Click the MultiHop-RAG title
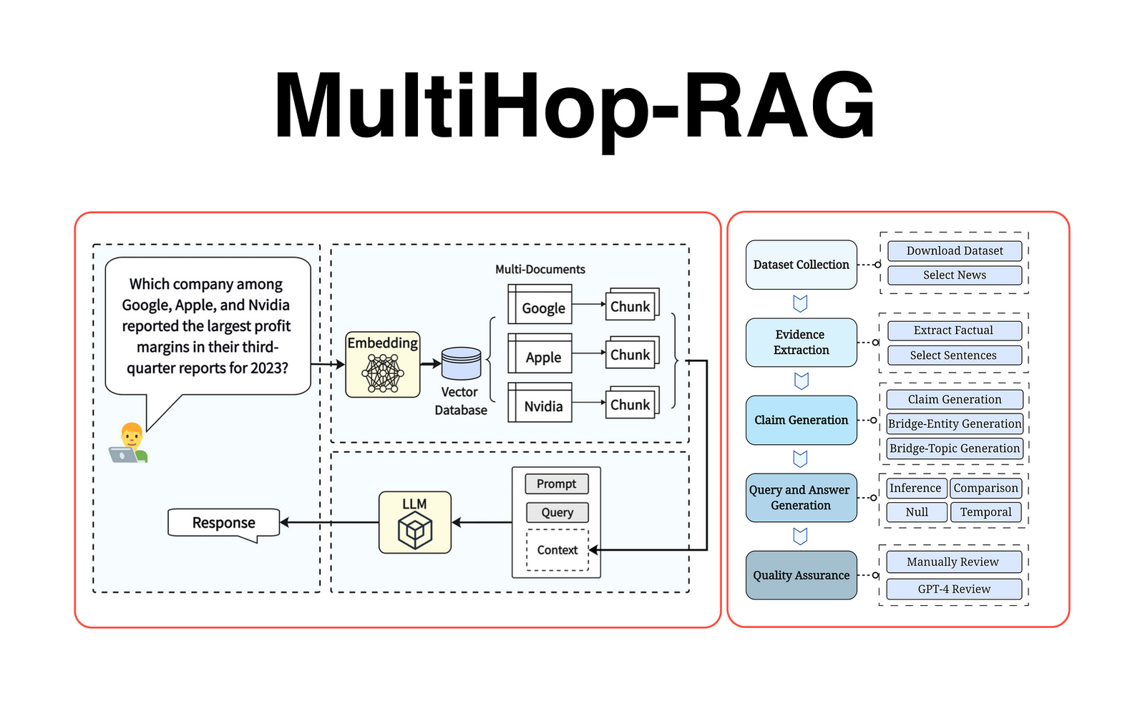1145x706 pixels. pyautogui.click(x=575, y=106)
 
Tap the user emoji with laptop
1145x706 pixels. pyautogui.click(x=130, y=443)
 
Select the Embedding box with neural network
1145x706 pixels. pyautogui.click(x=383, y=365)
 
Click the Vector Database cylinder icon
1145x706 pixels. pyautogui.click(x=461, y=363)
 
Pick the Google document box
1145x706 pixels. pyautogui.click(x=541, y=305)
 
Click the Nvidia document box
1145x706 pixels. pyautogui.click(x=541, y=403)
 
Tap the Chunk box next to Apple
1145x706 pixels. pyautogui.click(x=630, y=354)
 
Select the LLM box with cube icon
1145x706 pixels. pyautogui.click(x=415, y=522)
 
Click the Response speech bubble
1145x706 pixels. pyautogui.click(x=223, y=523)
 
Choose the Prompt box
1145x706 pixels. pyautogui.click(x=556, y=484)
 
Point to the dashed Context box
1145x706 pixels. pyautogui.click(x=557, y=550)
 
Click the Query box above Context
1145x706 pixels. pyautogui.click(x=557, y=513)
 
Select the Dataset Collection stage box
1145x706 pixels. pyautogui.click(x=801, y=265)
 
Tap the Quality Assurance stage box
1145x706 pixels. pyautogui.click(x=801, y=575)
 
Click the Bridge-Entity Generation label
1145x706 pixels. pyautogui.click(x=955, y=423)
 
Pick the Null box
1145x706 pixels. pyautogui.click(x=917, y=512)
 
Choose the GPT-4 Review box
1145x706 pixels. pyautogui.click(x=954, y=589)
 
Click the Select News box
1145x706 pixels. pyautogui.click(x=954, y=275)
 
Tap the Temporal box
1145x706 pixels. pyautogui.click(x=985, y=512)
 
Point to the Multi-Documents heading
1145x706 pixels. pyautogui.click(x=540, y=270)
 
